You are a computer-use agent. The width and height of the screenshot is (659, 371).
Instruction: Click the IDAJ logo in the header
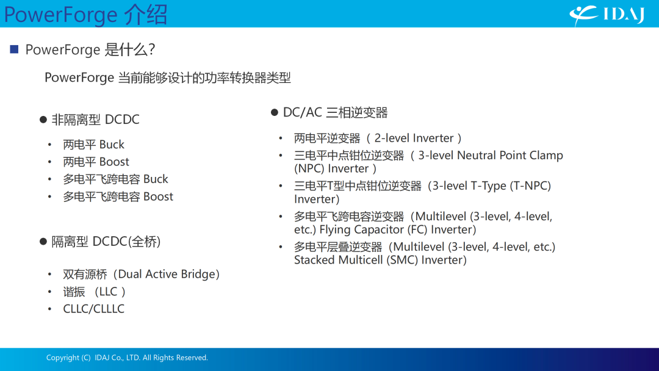[607, 15]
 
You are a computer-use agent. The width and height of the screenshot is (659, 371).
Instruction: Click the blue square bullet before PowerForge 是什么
[14, 49]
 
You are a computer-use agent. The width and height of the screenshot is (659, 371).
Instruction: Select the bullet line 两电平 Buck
[93, 145]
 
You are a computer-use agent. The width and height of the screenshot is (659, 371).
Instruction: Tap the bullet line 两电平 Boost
[96, 162]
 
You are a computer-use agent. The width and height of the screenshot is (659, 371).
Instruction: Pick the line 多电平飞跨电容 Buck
[115, 179]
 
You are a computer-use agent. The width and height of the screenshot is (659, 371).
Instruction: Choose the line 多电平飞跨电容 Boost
[118, 196]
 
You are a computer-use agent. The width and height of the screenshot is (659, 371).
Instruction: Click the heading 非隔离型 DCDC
[95, 120]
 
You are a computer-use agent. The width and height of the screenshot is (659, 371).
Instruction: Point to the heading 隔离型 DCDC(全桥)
[106, 242]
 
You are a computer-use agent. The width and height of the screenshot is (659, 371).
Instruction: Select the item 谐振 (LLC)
[95, 292]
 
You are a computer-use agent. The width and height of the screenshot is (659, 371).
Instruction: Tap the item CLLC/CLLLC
[94, 309]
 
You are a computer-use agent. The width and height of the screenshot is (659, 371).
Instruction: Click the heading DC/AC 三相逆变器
[336, 113]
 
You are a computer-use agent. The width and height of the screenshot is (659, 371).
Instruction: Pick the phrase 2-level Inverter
[414, 139]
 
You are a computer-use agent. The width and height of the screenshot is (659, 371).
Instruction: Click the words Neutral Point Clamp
[510, 156]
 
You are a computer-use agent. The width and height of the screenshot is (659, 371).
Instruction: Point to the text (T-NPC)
[530, 185]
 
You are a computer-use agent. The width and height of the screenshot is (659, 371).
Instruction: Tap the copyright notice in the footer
[127, 358]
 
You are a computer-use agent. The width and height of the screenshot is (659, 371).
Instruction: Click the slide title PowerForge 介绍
[85, 14]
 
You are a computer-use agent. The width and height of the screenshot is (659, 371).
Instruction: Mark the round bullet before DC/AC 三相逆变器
[275, 112]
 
